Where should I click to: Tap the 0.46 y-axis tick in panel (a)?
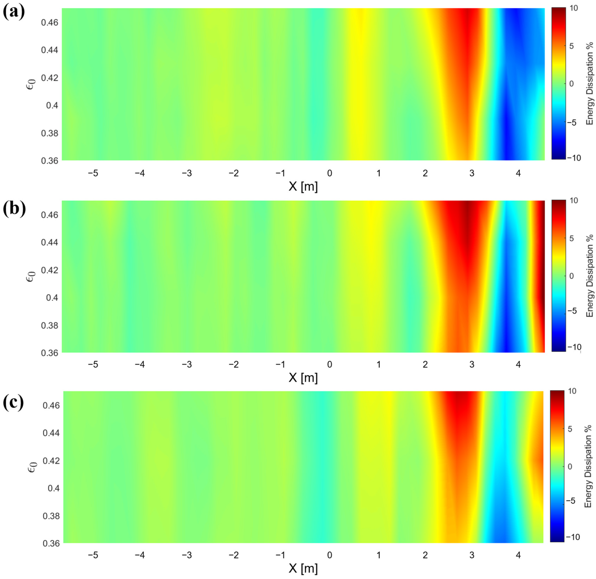point(50,23)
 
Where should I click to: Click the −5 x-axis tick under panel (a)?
point(93,173)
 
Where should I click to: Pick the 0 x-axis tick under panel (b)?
point(330,364)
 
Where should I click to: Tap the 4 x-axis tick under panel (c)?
point(518,555)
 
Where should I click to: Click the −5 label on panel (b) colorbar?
point(572,311)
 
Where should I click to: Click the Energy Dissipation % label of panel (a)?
point(590,84)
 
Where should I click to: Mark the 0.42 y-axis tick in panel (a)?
point(50,78)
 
